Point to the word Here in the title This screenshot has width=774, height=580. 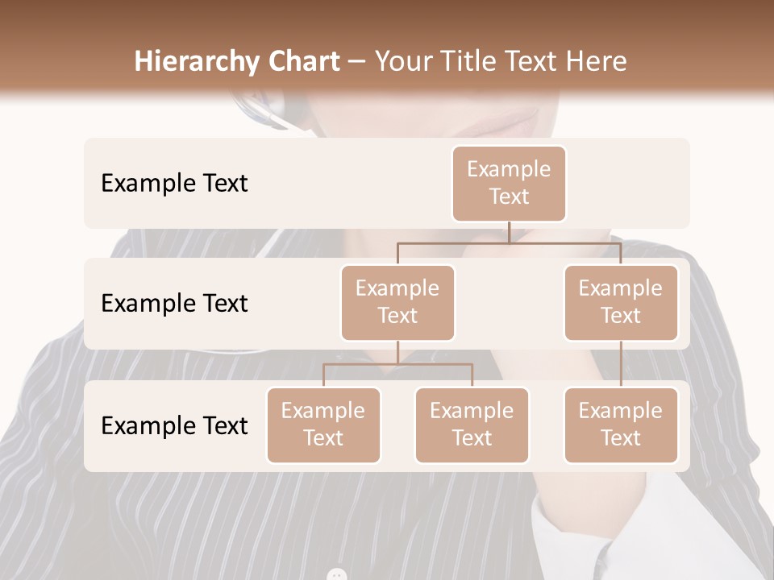pos(597,61)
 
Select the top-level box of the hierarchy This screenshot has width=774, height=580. pos(509,183)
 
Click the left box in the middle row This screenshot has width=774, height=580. pos(397,302)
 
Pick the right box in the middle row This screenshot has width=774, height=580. pos(621,302)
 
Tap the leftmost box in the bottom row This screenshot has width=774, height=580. pos(323,425)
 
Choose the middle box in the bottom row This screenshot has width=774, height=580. pos(472,425)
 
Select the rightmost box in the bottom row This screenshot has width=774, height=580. pos(621,425)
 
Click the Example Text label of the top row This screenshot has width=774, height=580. pos(174,183)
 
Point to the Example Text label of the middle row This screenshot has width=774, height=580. pos(174,303)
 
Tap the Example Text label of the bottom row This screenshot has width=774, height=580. pos(174,425)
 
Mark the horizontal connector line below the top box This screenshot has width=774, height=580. pos(509,242)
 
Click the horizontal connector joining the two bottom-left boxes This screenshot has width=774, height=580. pos(397,364)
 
